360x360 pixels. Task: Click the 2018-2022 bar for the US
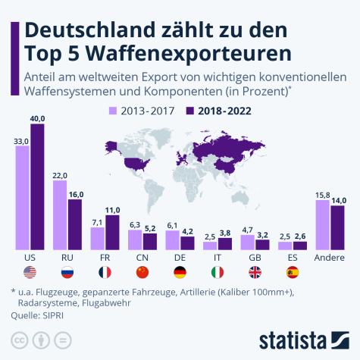coord(37,186)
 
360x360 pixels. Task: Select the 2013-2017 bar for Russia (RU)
coord(60,215)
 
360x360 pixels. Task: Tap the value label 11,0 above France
coord(112,209)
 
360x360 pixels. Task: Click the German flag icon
coord(180,272)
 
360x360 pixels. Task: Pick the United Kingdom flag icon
coord(255,272)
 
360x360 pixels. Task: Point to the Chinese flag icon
coord(142,272)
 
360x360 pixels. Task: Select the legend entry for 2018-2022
coord(219,110)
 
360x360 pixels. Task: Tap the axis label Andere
coord(330,258)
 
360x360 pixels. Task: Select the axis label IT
coord(218,258)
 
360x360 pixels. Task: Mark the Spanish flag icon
coord(293,272)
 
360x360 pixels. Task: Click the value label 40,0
coord(38,118)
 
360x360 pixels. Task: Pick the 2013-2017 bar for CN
coord(135,240)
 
